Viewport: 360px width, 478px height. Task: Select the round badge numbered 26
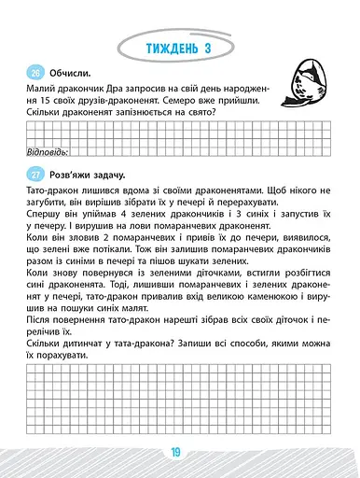pos(35,73)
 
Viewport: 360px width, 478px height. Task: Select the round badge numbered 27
pos(35,175)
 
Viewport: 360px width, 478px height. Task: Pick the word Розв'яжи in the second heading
pos(79,175)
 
